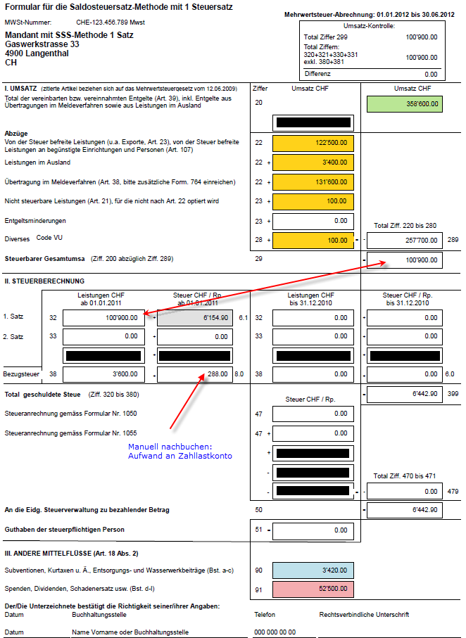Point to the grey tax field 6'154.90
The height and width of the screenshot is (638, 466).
point(194,318)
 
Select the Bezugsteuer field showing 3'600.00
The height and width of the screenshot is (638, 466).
point(105,374)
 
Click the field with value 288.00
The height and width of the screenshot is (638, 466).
point(194,374)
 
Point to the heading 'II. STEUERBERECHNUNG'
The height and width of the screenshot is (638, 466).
point(44,281)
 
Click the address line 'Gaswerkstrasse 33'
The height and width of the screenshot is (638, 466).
point(42,44)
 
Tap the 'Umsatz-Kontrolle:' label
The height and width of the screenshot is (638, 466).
point(372,26)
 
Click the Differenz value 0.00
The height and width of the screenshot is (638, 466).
point(430,74)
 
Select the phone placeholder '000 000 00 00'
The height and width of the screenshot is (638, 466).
point(275,632)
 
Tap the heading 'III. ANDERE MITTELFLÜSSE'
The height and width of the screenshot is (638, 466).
point(53,554)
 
